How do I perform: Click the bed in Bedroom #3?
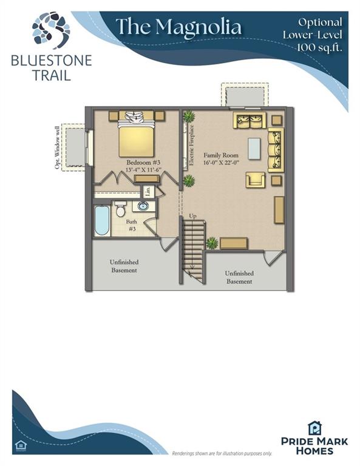tap(136, 135)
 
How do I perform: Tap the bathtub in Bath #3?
tap(101, 220)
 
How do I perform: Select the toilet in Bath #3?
tap(120, 208)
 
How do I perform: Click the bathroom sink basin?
tap(143, 206)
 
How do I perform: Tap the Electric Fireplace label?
tap(192, 145)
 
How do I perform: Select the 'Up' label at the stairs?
tap(192, 216)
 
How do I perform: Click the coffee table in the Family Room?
tap(254, 149)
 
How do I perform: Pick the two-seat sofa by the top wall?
tap(250, 120)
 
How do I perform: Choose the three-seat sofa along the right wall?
tap(276, 150)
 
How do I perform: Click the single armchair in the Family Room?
tap(256, 180)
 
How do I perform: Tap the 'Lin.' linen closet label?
tap(148, 191)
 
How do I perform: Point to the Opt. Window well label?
tap(57, 147)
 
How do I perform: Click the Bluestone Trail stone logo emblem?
tap(51, 30)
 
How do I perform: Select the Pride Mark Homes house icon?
tap(314, 428)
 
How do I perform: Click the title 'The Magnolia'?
tap(178, 27)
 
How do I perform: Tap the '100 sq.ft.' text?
tap(319, 47)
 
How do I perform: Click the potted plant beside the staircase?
tap(212, 243)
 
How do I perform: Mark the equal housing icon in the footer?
tap(21, 445)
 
